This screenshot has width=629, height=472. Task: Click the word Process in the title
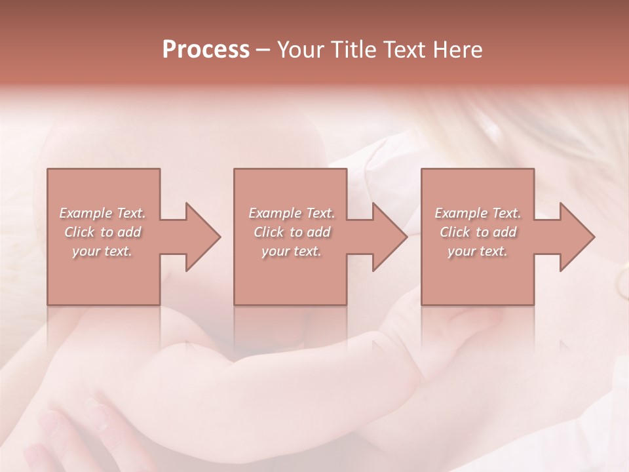206,50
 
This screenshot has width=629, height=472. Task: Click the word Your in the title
302,50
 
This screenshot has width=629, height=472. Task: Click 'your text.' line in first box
102,252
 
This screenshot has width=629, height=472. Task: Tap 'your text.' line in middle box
291,252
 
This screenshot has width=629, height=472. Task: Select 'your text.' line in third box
478,252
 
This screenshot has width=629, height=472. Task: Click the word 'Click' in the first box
80,232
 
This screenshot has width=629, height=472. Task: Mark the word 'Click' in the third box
455,232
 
